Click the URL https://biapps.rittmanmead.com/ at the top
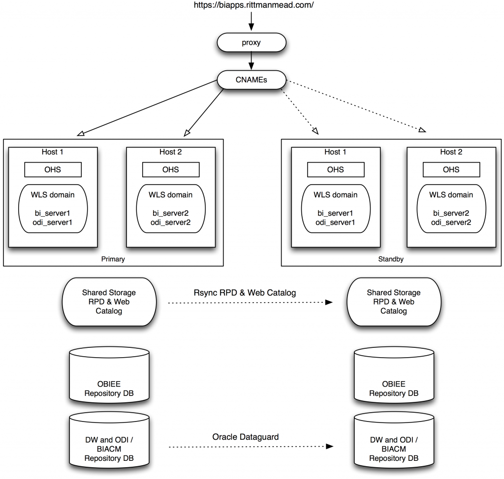tap(251, 6)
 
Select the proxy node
tap(251, 42)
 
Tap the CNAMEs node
tap(251, 80)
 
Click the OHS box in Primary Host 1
tap(53, 169)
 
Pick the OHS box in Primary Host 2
tap(171, 169)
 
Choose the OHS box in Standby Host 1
tap(335, 169)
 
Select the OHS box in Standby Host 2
tap(451, 169)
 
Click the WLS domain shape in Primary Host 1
tap(53, 209)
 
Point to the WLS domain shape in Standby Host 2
tap(451, 209)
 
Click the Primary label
tap(113, 259)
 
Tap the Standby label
tap(392, 259)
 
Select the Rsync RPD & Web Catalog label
tap(245, 293)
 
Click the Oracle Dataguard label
tap(245, 437)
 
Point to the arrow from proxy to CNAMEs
tap(251, 61)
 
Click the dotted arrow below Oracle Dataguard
tap(250, 447)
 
